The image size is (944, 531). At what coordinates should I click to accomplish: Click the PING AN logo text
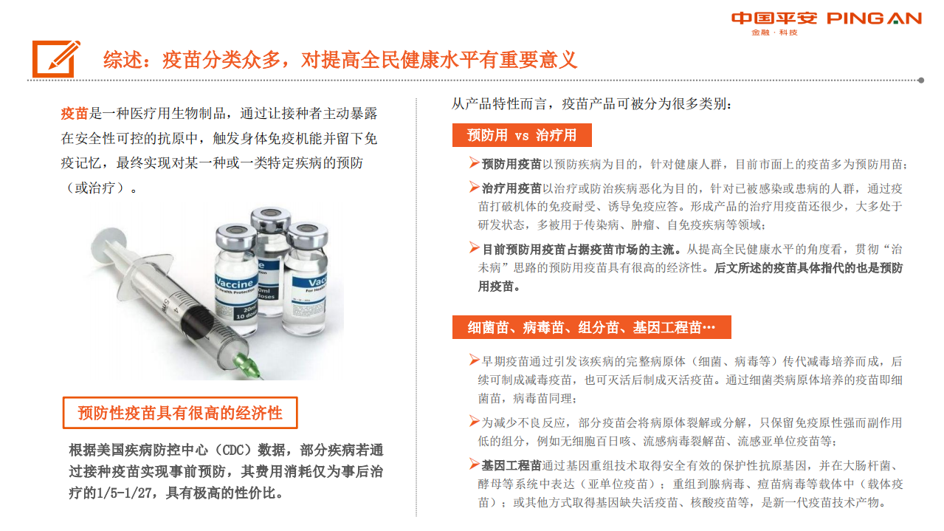[x=874, y=18]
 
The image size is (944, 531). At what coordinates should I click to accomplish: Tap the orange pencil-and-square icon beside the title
[x=56, y=59]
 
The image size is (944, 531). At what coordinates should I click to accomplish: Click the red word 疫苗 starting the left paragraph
[x=74, y=114]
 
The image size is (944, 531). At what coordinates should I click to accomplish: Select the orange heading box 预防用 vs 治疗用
[x=522, y=135]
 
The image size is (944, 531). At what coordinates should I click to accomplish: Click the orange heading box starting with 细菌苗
[x=592, y=327]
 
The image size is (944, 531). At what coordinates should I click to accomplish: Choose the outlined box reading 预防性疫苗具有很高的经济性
[x=180, y=413]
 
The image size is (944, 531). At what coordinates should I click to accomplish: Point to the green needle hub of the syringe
[x=246, y=364]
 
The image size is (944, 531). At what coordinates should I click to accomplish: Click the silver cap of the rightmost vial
[x=307, y=235]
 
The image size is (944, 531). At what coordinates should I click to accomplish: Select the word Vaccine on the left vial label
[x=234, y=281]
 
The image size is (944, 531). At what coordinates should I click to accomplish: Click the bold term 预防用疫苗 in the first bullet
[x=511, y=164]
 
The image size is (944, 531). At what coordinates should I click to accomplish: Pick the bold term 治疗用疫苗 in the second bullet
[x=511, y=188]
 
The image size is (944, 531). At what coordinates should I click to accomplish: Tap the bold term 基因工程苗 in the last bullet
[x=511, y=465]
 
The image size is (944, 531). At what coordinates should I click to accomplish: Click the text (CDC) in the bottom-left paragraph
[x=232, y=450]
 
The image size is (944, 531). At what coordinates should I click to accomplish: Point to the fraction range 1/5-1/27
[x=124, y=492]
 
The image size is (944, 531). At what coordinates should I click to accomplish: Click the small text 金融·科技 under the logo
[x=774, y=32]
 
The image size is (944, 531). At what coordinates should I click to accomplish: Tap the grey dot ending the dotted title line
[x=921, y=80]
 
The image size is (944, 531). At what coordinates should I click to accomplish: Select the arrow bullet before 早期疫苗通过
[x=474, y=360]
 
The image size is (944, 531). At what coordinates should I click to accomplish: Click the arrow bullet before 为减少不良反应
[x=474, y=421]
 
